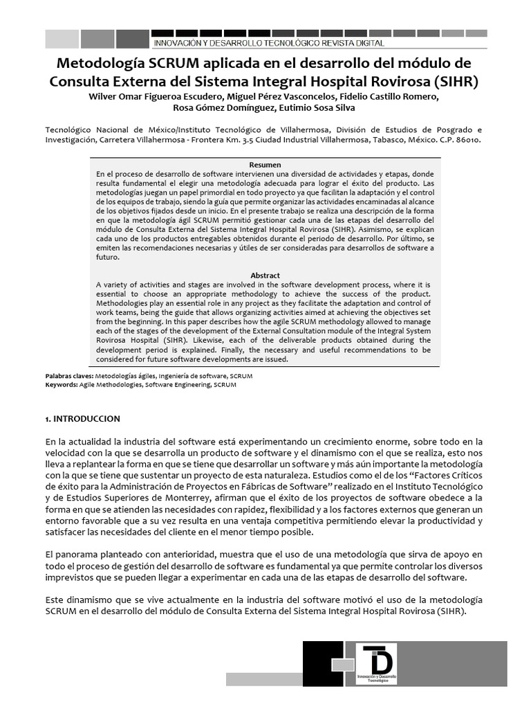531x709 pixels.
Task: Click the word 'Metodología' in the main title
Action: pos(100,64)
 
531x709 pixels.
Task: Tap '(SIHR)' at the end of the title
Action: pos(456,81)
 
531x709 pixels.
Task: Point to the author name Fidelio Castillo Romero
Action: pos(391,96)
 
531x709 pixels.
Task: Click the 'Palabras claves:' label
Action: pos(68,376)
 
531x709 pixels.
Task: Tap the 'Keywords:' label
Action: pos(61,384)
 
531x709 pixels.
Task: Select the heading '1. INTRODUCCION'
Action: pos(82,419)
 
